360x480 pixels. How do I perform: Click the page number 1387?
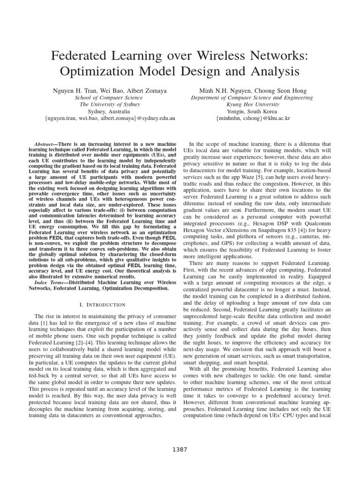[x=180, y=450]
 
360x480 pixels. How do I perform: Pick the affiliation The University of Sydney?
[x=109, y=105]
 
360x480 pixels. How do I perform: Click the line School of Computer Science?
[x=109, y=97]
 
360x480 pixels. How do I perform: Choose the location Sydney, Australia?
[x=109, y=112]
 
